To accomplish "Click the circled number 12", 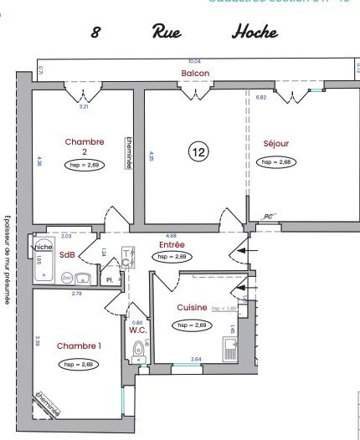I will click(x=198, y=151).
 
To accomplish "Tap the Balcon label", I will click(x=195, y=74).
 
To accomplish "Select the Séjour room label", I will click(x=275, y=143).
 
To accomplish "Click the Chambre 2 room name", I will click(x=85, y=146).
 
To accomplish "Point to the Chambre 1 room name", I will click(x=79, y=345).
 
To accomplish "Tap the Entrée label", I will click(x=172, y=245).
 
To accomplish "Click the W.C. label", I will click(x=138, y=329).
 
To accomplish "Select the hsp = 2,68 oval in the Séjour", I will click(x=277, y=162).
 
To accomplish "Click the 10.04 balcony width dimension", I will click(x=194, y=61).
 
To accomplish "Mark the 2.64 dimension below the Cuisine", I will click(x=196, y=360).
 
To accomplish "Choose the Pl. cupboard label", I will click(x=109, y=280).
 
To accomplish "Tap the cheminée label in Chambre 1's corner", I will click(x=48, y=406).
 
